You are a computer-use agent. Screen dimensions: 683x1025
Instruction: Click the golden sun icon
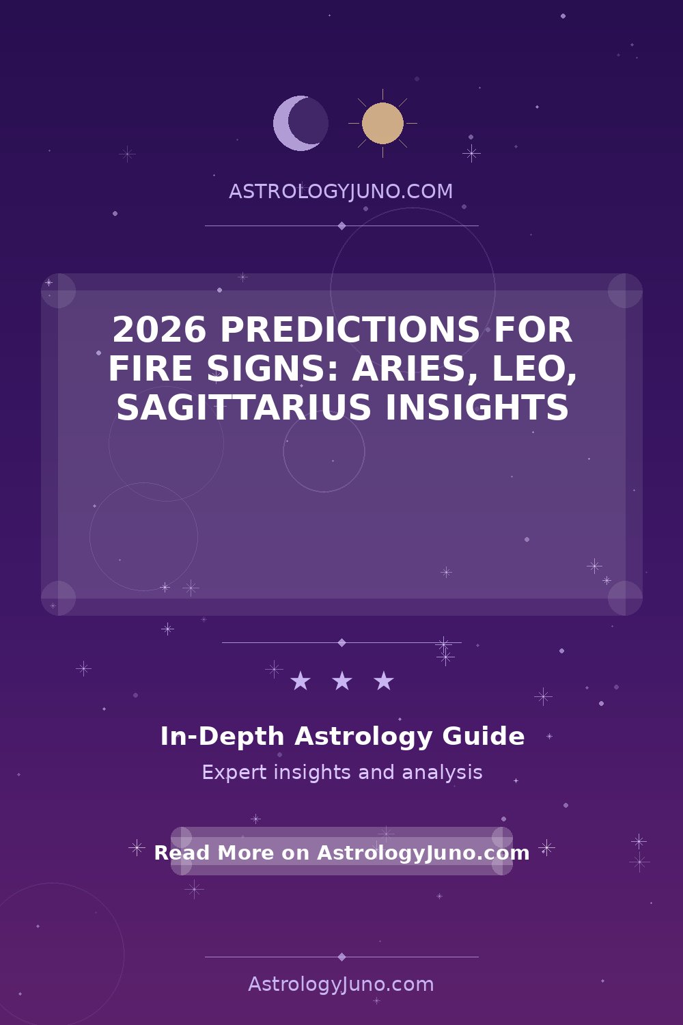pyautogui.click(x=382, y=123)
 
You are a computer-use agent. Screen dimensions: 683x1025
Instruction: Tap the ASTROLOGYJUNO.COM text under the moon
pyautogui.click(x=341, y=191)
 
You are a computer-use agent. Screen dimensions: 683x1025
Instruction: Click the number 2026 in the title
pyautogui.click(x=158, y=329)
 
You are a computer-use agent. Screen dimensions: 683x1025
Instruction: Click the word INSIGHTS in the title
pyautogui.click(x=477, y=407)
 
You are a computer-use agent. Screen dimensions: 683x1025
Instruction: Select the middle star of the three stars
pyautogui.click(x=342, y=681)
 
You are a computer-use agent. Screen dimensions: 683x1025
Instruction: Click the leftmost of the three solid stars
pyautogui.click(x=301, y=681)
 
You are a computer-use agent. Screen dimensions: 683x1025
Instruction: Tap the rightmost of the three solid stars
pyautogui.click(x=384, y=681)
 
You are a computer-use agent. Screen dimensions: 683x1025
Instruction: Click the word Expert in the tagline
pyautogui.click(x=234, y=773)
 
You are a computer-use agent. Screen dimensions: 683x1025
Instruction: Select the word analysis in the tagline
pyautogui.click(x=442, y=773)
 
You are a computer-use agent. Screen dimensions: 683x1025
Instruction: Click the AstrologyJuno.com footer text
pyautogui.click(x=341, y=985)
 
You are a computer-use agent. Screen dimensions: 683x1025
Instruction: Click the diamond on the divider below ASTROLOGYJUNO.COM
pyautogui.click(x=341, y=225)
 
